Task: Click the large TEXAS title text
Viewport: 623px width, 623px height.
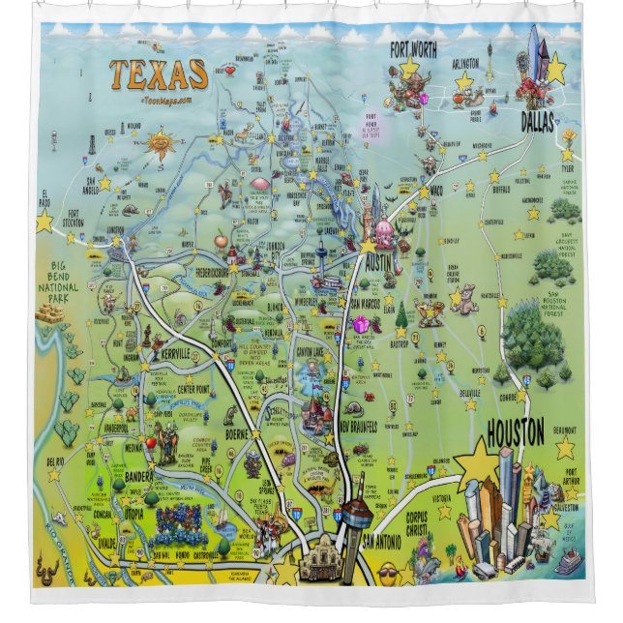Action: tap(158, 74)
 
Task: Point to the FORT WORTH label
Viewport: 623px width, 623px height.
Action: tap(413, 49)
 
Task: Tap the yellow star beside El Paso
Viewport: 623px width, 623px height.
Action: tap(44, 222)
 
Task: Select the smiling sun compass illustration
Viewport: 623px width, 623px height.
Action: tap(161, 146)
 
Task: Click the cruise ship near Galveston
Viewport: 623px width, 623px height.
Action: tap(567, 560)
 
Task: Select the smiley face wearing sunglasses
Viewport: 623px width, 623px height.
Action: tap(388, 574)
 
